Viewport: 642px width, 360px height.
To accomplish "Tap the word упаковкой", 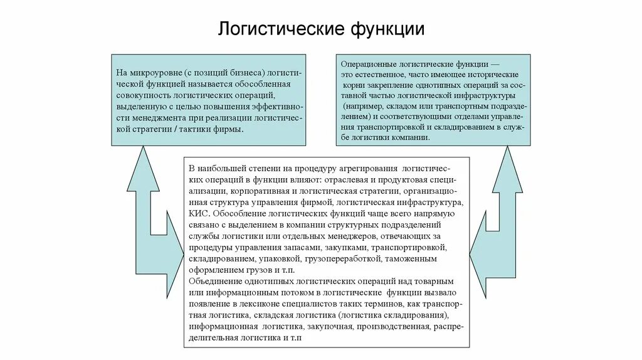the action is coord(279,258).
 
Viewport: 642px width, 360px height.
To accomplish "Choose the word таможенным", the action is coord(410,258).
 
